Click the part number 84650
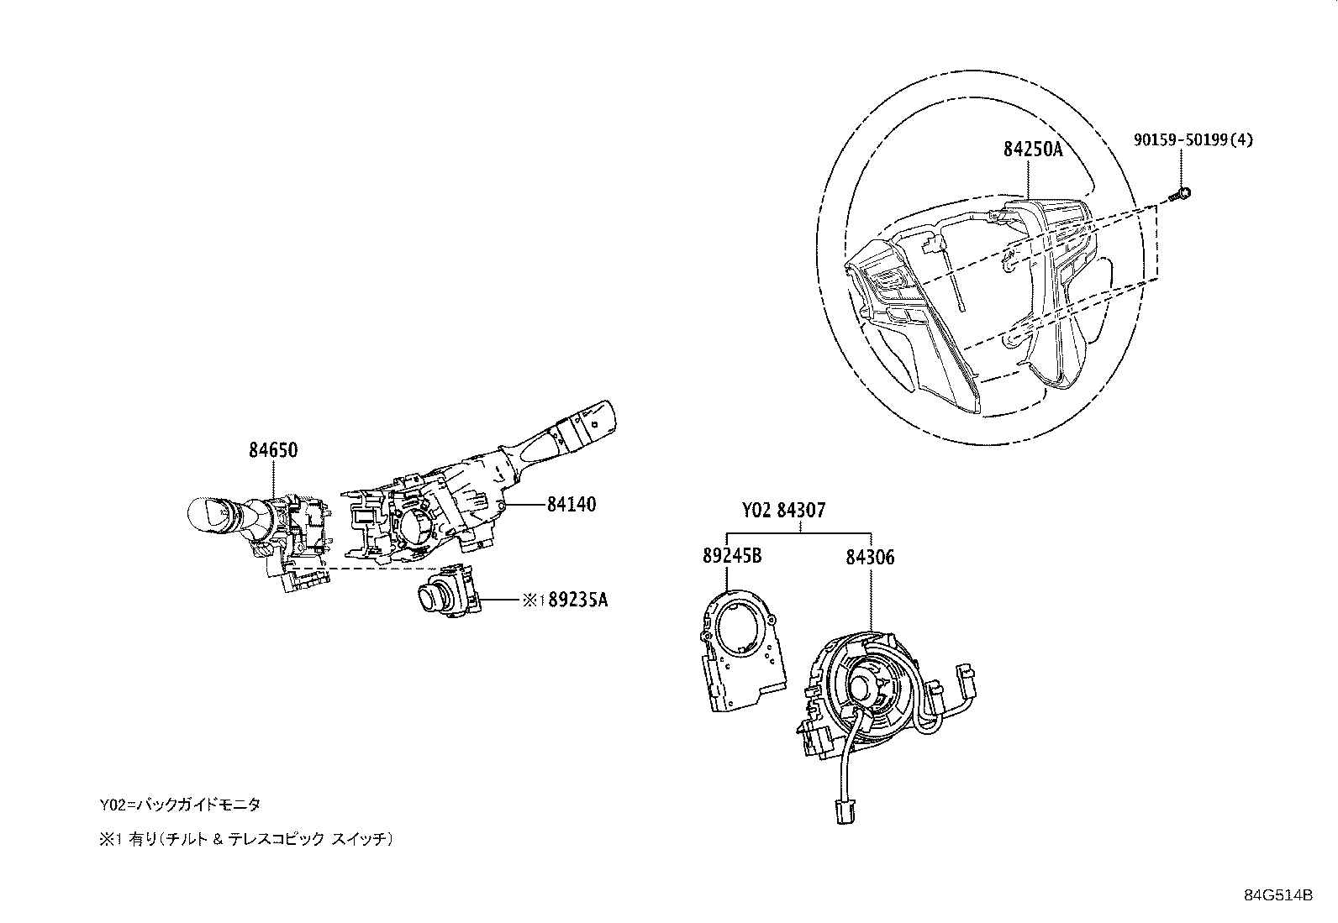272,450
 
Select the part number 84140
571,505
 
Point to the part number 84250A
1033,150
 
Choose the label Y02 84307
783,510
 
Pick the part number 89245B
731,556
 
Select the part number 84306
870,556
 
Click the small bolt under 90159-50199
1182,195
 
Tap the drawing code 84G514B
1278,895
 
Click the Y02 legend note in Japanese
180,805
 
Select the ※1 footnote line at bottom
246,838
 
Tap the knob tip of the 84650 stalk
202,514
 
